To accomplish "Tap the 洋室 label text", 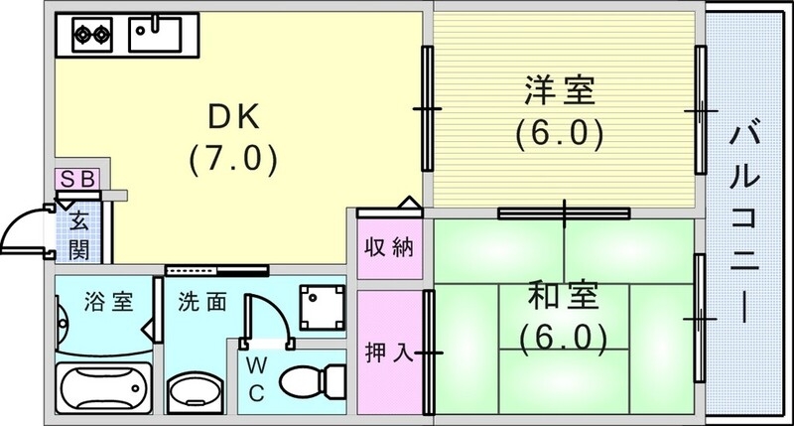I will tap(560, 90).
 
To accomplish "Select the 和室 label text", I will tap(560, 297).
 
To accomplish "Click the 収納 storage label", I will tap(387, 246).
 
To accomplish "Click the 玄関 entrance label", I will tap(79, 233).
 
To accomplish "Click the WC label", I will tap(256, 377).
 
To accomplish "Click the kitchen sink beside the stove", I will tap(156, 36).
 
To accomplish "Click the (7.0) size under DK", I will tap(231, 157).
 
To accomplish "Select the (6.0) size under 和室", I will tap(561, 337).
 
